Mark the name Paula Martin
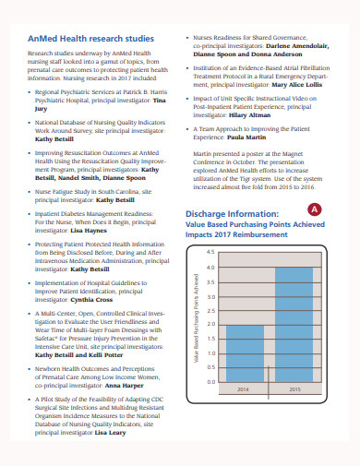click(x=246, y=162)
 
